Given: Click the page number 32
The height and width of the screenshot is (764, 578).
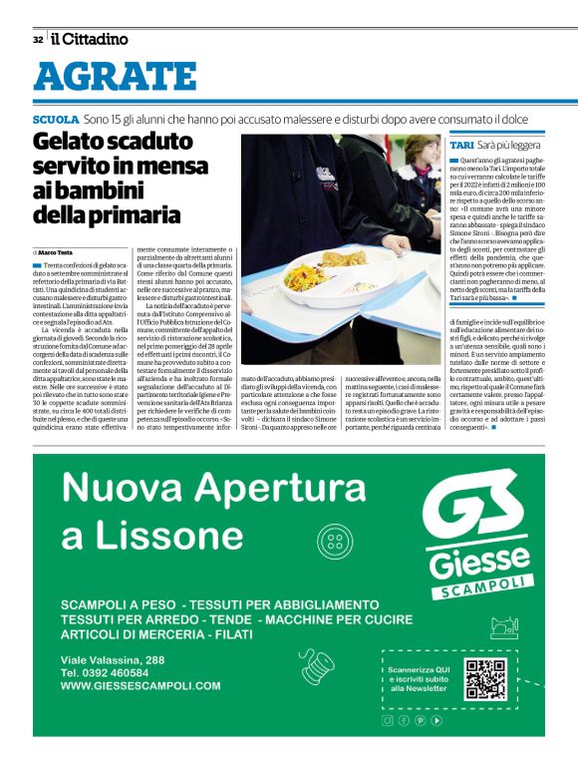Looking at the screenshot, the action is point(37,40).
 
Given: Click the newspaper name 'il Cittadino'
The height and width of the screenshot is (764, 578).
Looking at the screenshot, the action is point(90,39).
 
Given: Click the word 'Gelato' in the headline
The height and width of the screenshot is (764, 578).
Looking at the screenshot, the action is point(79,143).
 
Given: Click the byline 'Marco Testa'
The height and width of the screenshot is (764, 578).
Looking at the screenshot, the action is point(59,253).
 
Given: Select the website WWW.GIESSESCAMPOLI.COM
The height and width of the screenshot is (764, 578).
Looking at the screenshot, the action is point(141,686).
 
